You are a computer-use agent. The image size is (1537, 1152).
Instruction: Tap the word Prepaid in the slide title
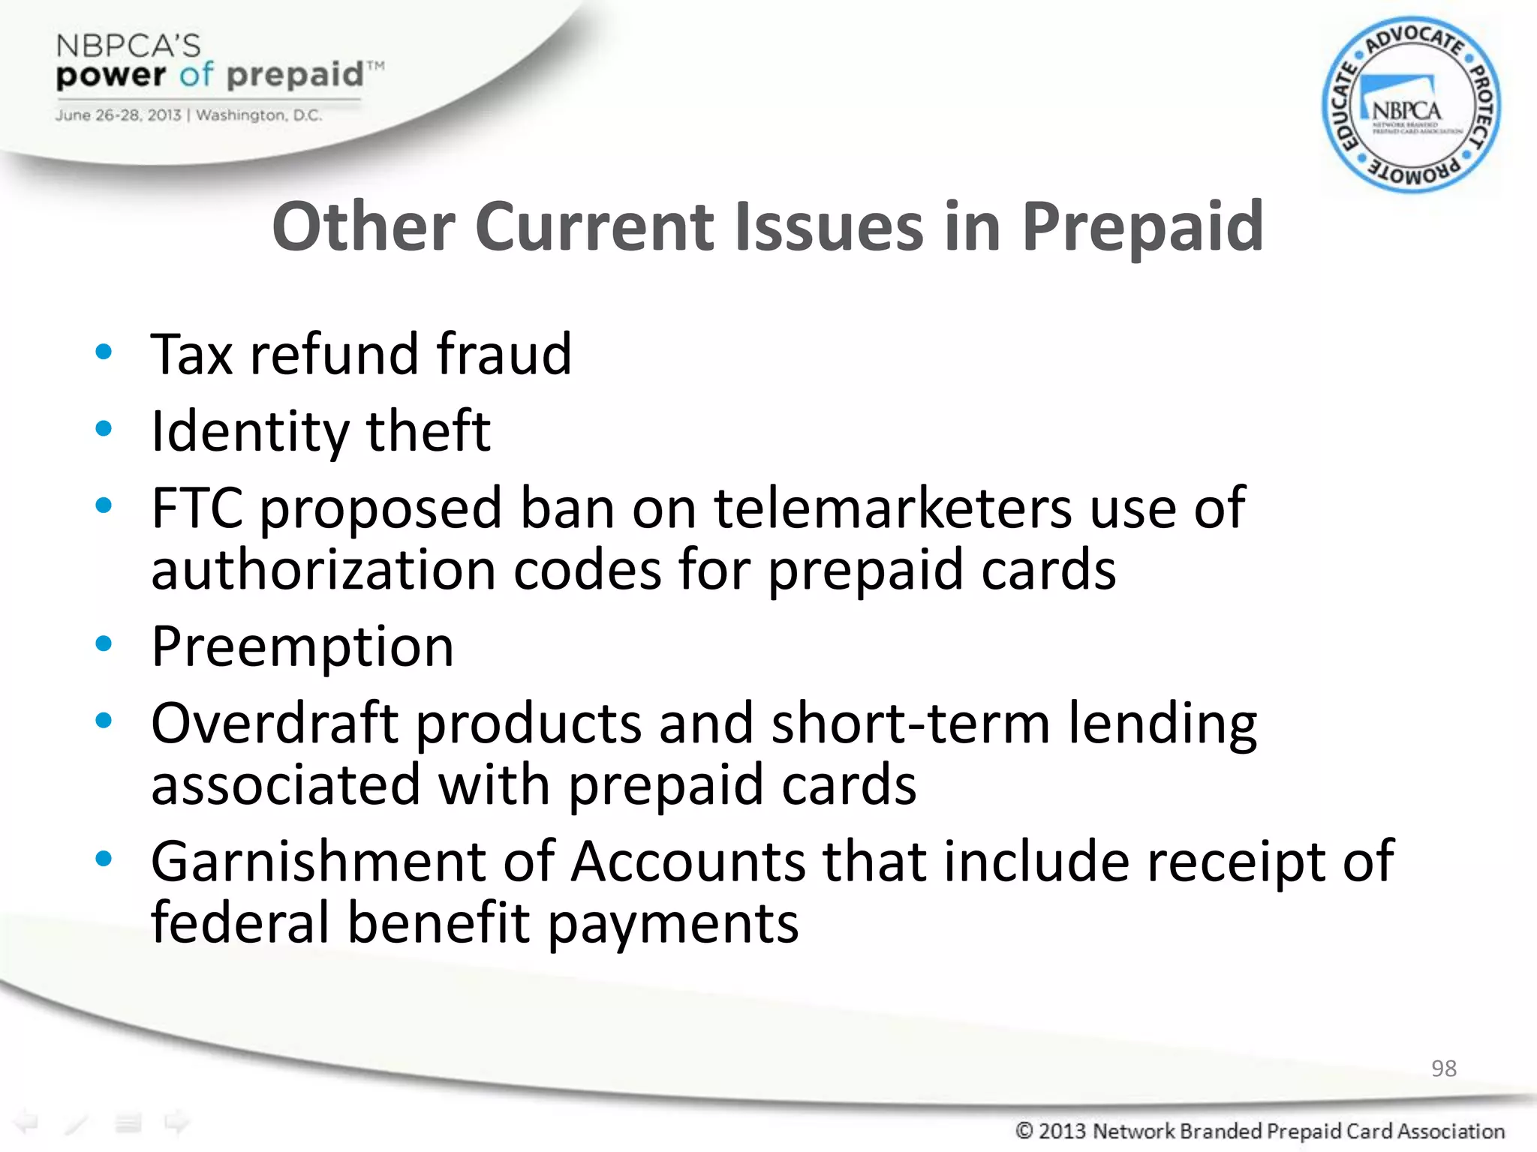1142,227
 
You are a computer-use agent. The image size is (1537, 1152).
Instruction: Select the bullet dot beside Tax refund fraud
104,351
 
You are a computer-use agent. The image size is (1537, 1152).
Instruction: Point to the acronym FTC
197,508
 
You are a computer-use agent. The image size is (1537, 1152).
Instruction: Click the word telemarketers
892,508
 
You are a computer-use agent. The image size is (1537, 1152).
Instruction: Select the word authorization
323,570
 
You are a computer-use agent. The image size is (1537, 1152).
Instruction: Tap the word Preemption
302,646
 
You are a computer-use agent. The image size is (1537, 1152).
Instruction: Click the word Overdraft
275,723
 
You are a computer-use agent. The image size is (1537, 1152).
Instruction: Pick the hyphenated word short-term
910,723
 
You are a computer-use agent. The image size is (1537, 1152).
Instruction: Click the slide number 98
1443,1068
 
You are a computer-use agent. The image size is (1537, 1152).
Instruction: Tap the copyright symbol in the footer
1024,1130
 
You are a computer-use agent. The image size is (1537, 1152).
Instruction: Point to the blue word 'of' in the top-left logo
197,74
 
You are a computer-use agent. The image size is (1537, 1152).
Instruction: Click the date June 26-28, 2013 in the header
118,115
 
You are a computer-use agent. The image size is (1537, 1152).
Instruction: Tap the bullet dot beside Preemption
104,643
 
